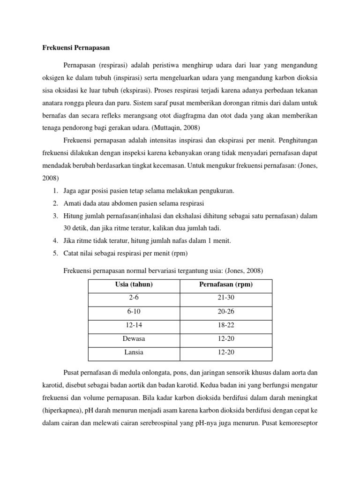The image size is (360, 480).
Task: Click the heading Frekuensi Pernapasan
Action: [74, 48]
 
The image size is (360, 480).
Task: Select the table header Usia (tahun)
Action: [134, 285]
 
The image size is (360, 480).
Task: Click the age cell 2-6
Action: [134, 298]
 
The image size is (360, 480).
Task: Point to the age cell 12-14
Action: [134, 325]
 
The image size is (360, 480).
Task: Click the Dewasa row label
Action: [134, 338]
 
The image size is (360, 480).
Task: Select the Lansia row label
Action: [134, 352]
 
